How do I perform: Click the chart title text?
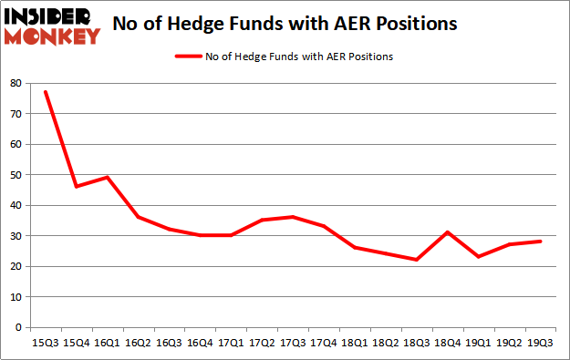(285, 23)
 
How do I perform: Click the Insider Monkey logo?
(52, 25)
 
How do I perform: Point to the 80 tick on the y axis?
(16, 83)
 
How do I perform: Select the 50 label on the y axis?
(16, 175)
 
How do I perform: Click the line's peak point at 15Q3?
(45, 92)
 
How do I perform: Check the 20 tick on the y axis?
(16, 266)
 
